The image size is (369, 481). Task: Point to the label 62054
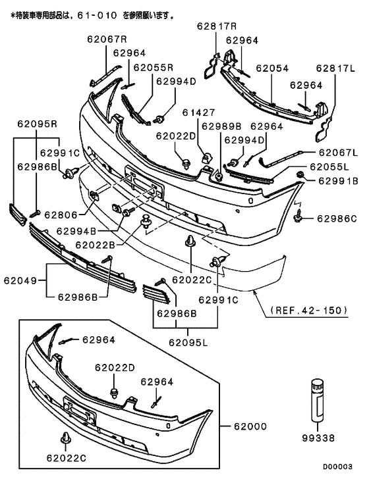[x=273, y=67]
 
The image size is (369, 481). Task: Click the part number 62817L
[x=335, y=67]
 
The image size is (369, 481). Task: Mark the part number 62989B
[x=221, y=126]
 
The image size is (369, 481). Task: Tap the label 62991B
[x=338, y=180]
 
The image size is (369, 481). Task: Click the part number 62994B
[x=76, y=231]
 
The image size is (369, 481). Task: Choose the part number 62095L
[x=188, y=342]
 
